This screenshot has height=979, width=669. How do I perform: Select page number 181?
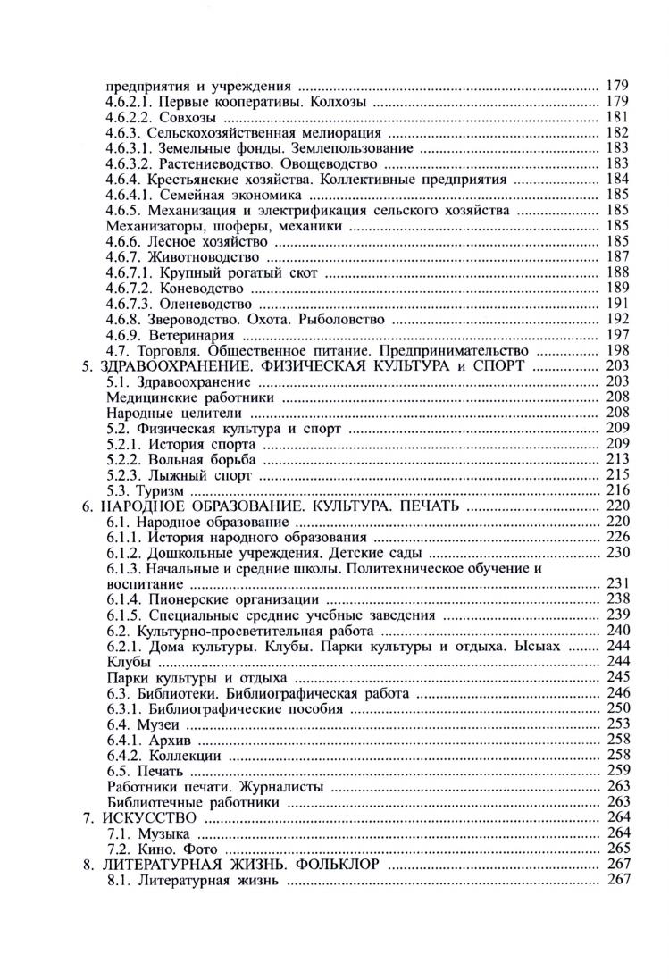pyautogui.click(x=618, y=117)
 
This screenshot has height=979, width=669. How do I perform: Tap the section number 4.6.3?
pyautogui.click(x=124, y=133)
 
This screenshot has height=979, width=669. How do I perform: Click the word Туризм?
pyautogui.click(x=160, y=490)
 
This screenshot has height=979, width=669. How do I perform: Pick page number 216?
pyautogui.click(x=618, y=490)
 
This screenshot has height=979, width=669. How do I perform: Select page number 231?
pyautogui.click(x=618, y=583)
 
